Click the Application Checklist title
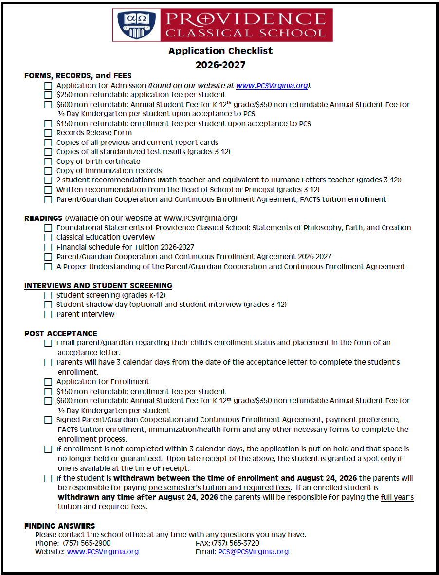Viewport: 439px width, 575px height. pos(220,51)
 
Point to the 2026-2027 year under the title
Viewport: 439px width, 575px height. pos(220,65)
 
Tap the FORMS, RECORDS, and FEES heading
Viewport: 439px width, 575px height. pos(78,76)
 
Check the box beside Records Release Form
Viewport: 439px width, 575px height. pos(48,133)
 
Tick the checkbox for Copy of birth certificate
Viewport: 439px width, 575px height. pos(48,162)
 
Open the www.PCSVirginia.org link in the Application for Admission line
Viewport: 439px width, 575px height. pos(272,86)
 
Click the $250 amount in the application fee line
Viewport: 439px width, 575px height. pos(64,95)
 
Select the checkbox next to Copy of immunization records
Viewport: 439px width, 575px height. pos(48,171)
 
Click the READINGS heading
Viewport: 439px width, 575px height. pos(43,218)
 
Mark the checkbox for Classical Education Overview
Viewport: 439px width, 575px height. pos(48,237)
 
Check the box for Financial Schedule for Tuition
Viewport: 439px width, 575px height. pos(48,247)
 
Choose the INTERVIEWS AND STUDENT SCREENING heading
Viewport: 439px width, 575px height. pos(98,285)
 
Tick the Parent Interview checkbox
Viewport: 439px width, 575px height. pos(48,314)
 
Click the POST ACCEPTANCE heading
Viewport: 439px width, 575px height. pos(60,333)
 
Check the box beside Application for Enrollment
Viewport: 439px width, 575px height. pos(48,382)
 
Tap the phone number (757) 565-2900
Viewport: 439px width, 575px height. pos(87,543)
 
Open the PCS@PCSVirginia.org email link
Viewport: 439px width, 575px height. pos(253,552)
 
